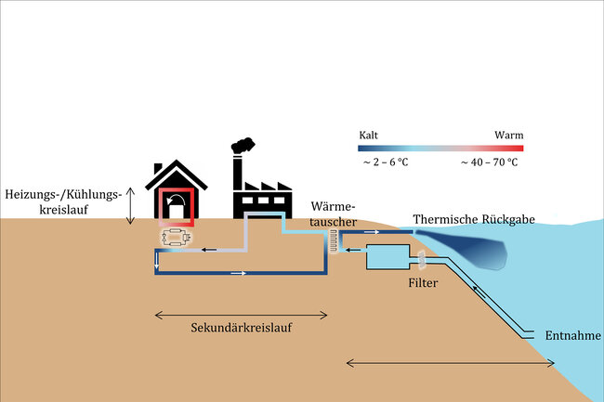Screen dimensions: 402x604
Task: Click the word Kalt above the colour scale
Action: tap(369, 136)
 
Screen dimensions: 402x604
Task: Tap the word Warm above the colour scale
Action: tap(508, 136)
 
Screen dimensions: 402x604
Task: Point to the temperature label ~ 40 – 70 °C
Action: tap(489, 162)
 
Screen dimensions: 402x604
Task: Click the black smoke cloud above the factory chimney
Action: tap(243, 146)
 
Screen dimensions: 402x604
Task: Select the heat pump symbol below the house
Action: tap(176, 239)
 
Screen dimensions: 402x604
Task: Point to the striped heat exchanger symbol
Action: tap(331, 240)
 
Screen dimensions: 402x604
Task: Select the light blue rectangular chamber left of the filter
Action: tap(388, 257)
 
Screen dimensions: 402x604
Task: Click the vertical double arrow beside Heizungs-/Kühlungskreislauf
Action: tap(131, 204)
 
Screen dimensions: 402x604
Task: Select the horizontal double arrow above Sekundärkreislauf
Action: tap(241, 313)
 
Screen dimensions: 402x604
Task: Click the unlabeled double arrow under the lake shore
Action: tap(451, 361)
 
